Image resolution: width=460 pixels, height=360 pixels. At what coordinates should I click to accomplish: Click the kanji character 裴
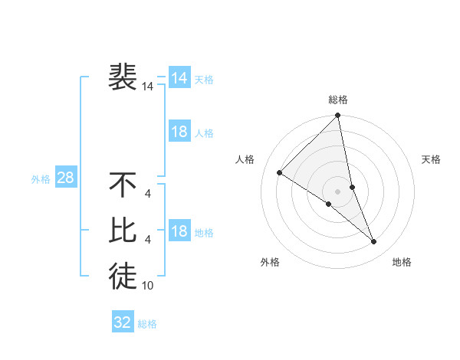pyautogui.click(x=123, y=77)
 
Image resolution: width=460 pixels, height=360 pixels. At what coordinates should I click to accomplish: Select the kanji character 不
pyautogui.click(x=123, y=185)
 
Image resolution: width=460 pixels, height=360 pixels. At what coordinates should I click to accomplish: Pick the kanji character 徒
pyautogui.click(x=123, y=275)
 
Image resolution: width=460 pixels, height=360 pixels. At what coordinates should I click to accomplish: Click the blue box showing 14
pyautogui.click(x=179, y=77)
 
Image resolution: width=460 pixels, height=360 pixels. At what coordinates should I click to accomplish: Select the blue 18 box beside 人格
pyautogui.click(x=179, y=132)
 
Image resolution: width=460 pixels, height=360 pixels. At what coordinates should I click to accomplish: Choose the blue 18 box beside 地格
pyautogui.click(x=179, y=231)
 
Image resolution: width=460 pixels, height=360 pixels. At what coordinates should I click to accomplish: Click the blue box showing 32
pyautogui.click(x=123, y=322)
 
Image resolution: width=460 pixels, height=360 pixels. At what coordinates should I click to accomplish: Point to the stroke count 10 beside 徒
pyautogui.click(x=148, y=286)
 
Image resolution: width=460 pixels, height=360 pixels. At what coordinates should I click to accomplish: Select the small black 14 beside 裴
pyautogui.click(x=148, y=87)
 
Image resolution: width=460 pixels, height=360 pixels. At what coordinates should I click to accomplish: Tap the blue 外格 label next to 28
pyautogui.click(x=41, y=179)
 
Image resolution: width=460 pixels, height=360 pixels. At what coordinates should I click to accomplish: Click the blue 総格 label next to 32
pyautogui.click(x=147, y=323)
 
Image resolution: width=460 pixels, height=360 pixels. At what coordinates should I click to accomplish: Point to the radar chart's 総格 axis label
pyautogui.click(x=338, y=100)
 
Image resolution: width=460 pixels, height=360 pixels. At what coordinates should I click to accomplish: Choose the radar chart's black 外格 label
pyautogui.click(x=270, y=262)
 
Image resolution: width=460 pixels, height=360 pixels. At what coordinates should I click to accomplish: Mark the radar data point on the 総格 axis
pyautogui.click(x=338, y=116)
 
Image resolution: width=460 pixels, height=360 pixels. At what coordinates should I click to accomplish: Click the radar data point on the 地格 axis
pyautogui.click(x=374, y=241)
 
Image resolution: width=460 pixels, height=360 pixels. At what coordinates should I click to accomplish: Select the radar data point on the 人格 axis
pyautogui.click(x=280, y=173)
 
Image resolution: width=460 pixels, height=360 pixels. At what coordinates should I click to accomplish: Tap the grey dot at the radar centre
pyautogui.click(x=338, y=191)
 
